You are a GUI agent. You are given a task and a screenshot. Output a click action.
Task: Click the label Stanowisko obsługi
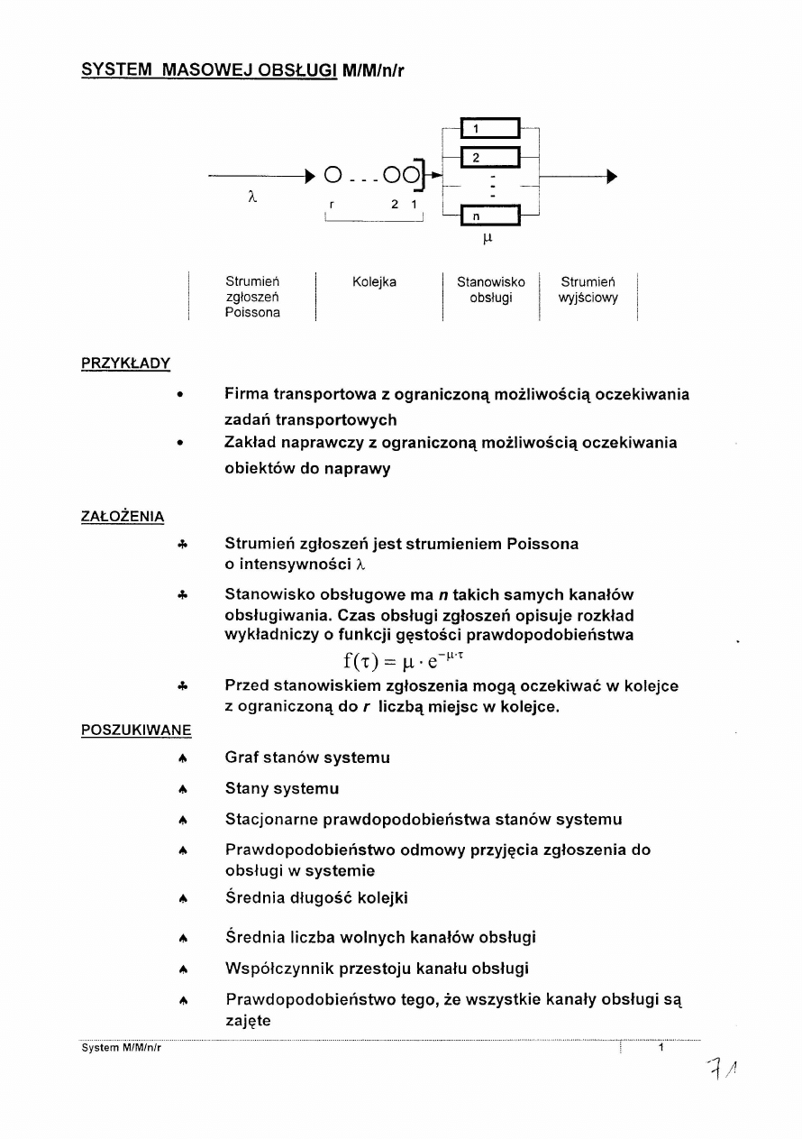(490, 290)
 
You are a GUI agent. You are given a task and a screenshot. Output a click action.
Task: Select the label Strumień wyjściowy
(588, 290)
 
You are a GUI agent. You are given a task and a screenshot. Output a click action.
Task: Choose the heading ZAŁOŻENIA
(123, 516)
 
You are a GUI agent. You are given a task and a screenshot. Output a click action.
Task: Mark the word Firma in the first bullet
(248, 394)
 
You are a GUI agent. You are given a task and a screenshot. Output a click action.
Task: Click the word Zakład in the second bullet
(252, 443)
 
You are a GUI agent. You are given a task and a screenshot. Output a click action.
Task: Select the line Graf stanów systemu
(306, 758)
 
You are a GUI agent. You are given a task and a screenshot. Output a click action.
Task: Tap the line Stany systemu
(281, 789)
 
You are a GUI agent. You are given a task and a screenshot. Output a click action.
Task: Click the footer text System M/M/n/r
(121, 1048)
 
